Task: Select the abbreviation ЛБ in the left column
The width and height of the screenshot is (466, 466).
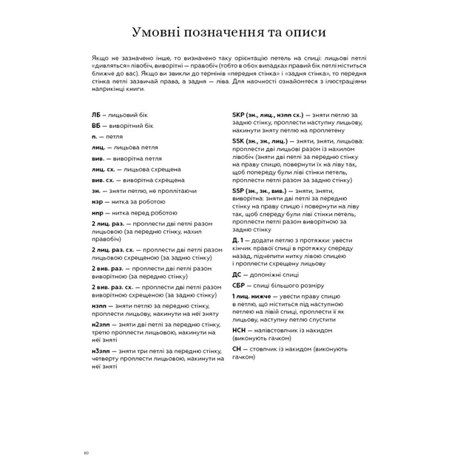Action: [x=96, y=115]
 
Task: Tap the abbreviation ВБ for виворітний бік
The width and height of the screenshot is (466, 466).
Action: [x=96, y=126]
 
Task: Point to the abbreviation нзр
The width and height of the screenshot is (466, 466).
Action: [x=98, y=200]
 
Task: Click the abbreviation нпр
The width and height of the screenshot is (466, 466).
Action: [x=98, y=212]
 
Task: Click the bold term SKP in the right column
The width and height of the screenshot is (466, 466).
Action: [x=239, y=115]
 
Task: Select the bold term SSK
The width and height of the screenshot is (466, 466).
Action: [x=239, y=141]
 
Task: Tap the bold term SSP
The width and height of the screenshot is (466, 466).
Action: [x=239, y=190]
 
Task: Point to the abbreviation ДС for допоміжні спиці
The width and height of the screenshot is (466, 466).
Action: [x=237, y=274]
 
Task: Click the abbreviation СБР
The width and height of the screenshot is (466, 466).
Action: [x=239, y=285]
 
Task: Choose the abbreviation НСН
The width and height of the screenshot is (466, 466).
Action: [x=239, y=330]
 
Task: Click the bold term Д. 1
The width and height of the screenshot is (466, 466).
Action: [x=239, y=240]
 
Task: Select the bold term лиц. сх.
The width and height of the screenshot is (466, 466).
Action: [x=104, y=169]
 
